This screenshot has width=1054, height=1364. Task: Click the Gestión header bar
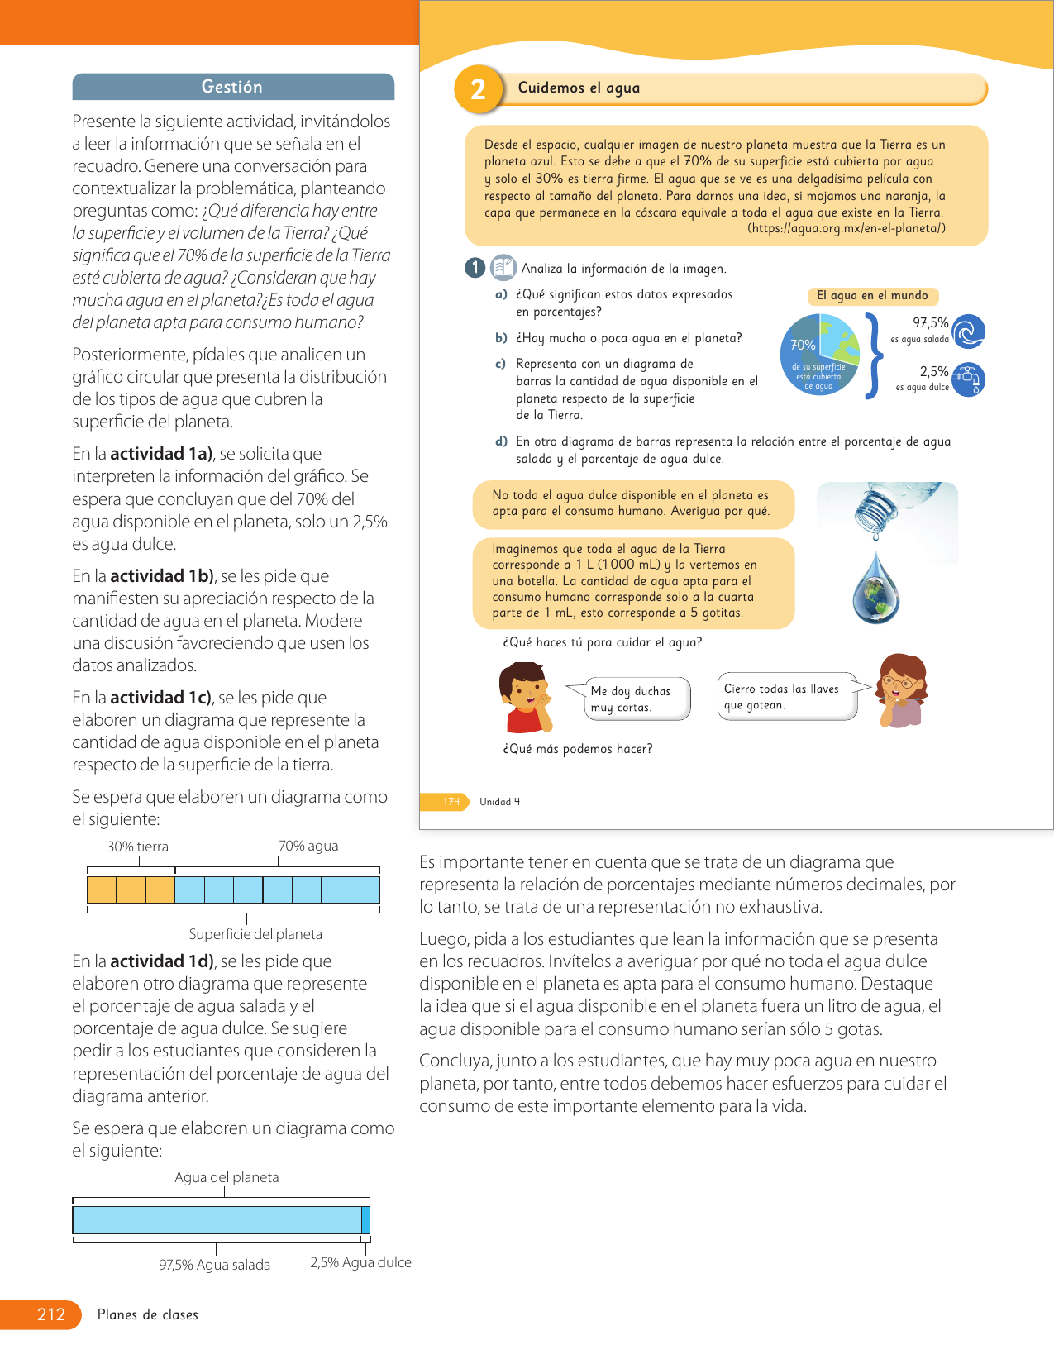(233, 87)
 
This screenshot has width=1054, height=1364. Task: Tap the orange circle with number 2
(478, 89)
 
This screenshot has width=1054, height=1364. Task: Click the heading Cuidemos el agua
(579, 88)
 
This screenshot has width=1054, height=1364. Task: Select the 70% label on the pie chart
(802, 345)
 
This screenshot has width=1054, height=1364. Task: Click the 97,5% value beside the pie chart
(930, 323)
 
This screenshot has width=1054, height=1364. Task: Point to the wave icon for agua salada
(969, 331)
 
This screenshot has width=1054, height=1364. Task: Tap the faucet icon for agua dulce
(969, 379)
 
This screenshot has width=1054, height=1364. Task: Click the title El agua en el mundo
(872, 296)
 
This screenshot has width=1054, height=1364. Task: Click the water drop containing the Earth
(876, 588)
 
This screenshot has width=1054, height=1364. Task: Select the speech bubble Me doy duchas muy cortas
(630, 699)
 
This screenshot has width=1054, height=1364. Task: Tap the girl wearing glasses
(902, 690)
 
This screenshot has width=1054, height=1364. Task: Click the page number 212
(50, 1314)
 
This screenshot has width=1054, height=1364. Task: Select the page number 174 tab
(451, 801)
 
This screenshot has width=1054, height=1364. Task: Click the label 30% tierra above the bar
(137, 847)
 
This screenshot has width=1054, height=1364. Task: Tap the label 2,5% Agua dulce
(360, 1262)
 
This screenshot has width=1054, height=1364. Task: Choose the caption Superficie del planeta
(255, 934)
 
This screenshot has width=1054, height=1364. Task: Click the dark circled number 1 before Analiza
(475, 268)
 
